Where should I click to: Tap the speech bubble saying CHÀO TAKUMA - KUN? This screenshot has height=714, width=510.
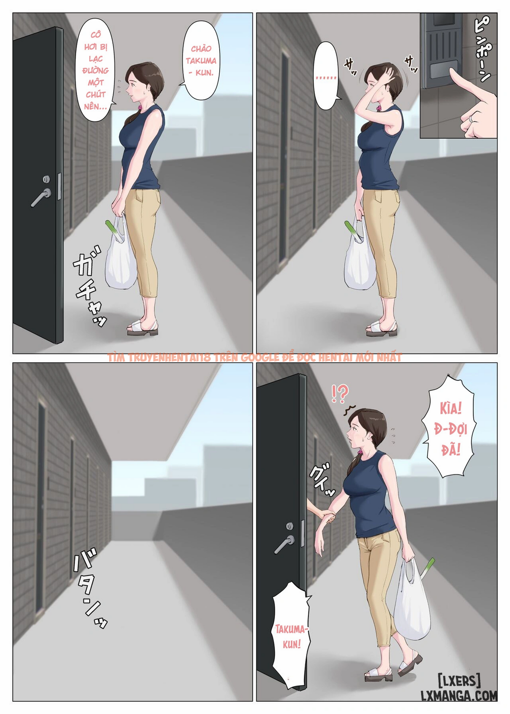[x=201, y=60]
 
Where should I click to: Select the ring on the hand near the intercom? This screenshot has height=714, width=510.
[x=472, y=118]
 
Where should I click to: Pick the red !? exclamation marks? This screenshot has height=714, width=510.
[x=340, y=393]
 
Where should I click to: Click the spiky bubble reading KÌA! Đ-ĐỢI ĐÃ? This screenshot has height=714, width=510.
[x=450, y=429]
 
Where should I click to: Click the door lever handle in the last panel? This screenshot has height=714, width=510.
[x=285, y=544]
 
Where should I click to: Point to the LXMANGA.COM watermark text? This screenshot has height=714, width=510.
[x=458, y=696]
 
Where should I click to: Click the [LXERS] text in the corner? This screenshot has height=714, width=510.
[x=458, y=680]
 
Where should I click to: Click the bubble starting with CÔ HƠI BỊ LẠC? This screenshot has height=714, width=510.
[x=96, y=70]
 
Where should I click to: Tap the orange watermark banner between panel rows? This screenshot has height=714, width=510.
[x=255, y=358]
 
